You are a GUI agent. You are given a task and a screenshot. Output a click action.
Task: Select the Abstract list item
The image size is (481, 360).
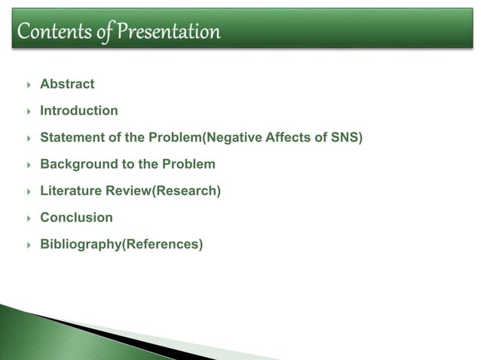pos(67,84)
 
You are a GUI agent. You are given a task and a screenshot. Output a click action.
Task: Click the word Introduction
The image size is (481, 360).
pos(79,111)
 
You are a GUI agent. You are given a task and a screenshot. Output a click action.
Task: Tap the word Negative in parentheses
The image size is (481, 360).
pos(231,138)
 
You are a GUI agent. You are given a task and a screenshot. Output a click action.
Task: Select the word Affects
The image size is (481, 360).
pos(287,138)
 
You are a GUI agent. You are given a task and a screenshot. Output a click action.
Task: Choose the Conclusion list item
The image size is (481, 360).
pos(76,218)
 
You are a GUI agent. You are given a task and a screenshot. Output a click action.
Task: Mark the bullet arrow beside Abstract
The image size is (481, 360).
pos(28,84)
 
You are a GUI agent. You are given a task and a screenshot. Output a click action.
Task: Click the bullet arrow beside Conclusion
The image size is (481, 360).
pos(28,218)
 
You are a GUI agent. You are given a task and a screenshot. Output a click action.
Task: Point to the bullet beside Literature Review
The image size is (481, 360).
pos(28,191)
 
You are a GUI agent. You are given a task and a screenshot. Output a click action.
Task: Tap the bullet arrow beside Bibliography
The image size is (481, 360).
pos(28,245)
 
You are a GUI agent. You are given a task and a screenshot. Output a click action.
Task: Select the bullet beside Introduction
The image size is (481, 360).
pos(28,111)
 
